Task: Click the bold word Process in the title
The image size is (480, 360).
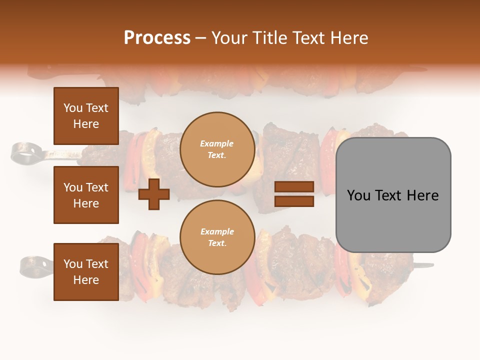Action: pyautogui.click(x=157, y=38)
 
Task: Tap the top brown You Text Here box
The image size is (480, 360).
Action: pyautogui.click(x=86, y=116)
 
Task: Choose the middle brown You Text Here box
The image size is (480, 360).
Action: pyautogui.click(x=86, y=195)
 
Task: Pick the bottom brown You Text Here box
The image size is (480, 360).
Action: pyautogui.click(x=86, y=271)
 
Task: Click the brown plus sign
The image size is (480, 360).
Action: pyautogui.click(x=154, y=194)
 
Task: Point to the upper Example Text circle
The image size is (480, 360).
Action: pyautogui.click(x=217, y=149)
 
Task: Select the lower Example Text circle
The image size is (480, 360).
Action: pyautogui.click(x=217, y=237)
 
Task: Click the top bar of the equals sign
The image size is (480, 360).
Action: pyautogui.click(x=294, y=186)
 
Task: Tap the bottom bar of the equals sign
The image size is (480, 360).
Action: pyautogui.click(x=294, y=201)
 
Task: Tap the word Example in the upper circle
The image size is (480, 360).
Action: pyautogui.click(x=217, y=143)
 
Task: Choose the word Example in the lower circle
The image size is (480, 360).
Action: pyautogui.click(x=217, y=231)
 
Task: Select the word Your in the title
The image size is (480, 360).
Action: pyautogui.click(x=231, y=38)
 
